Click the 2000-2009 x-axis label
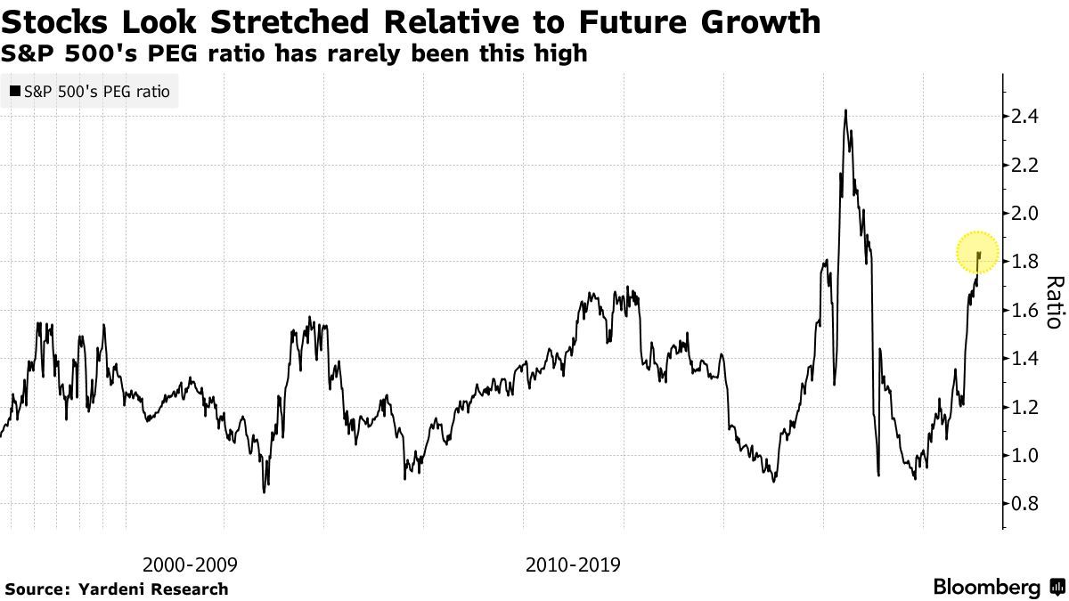click(x=191, y=564)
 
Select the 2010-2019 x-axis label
click(x=573, y=564)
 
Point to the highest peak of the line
click(x=845, y=110)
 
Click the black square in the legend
click(x=15, y=92)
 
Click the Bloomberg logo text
click(x=986, y=588)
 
